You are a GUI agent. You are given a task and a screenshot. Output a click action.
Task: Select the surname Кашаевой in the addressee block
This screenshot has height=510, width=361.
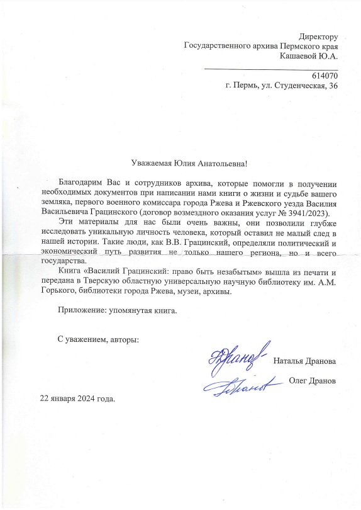point(299,56)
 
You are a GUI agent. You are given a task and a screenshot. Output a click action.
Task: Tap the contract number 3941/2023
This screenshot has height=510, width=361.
point(305,213)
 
